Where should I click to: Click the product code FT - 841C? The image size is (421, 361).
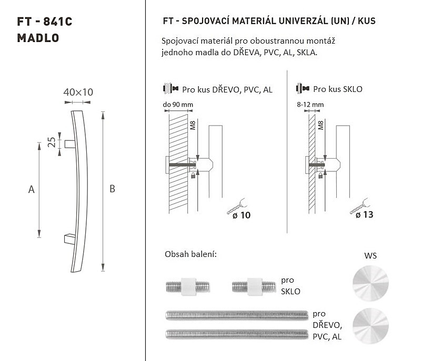click(x=45, y=22)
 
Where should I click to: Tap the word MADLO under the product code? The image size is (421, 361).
click(x=38, y=38)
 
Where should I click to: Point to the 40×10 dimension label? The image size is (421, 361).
click(x=78, y=92)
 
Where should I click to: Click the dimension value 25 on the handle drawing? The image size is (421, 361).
click(x=52, y=142)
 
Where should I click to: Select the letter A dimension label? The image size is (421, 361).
click(x=32, y=190)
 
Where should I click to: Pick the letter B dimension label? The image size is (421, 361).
click(x=112, y=189)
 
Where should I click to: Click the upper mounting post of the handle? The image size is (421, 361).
click(x=70, y=144)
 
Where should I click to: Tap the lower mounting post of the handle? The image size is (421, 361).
click(x=70, y=239)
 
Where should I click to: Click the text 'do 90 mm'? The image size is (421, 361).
click(x=178, y=105)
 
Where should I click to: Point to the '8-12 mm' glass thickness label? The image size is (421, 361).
click(x=310, y=105)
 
